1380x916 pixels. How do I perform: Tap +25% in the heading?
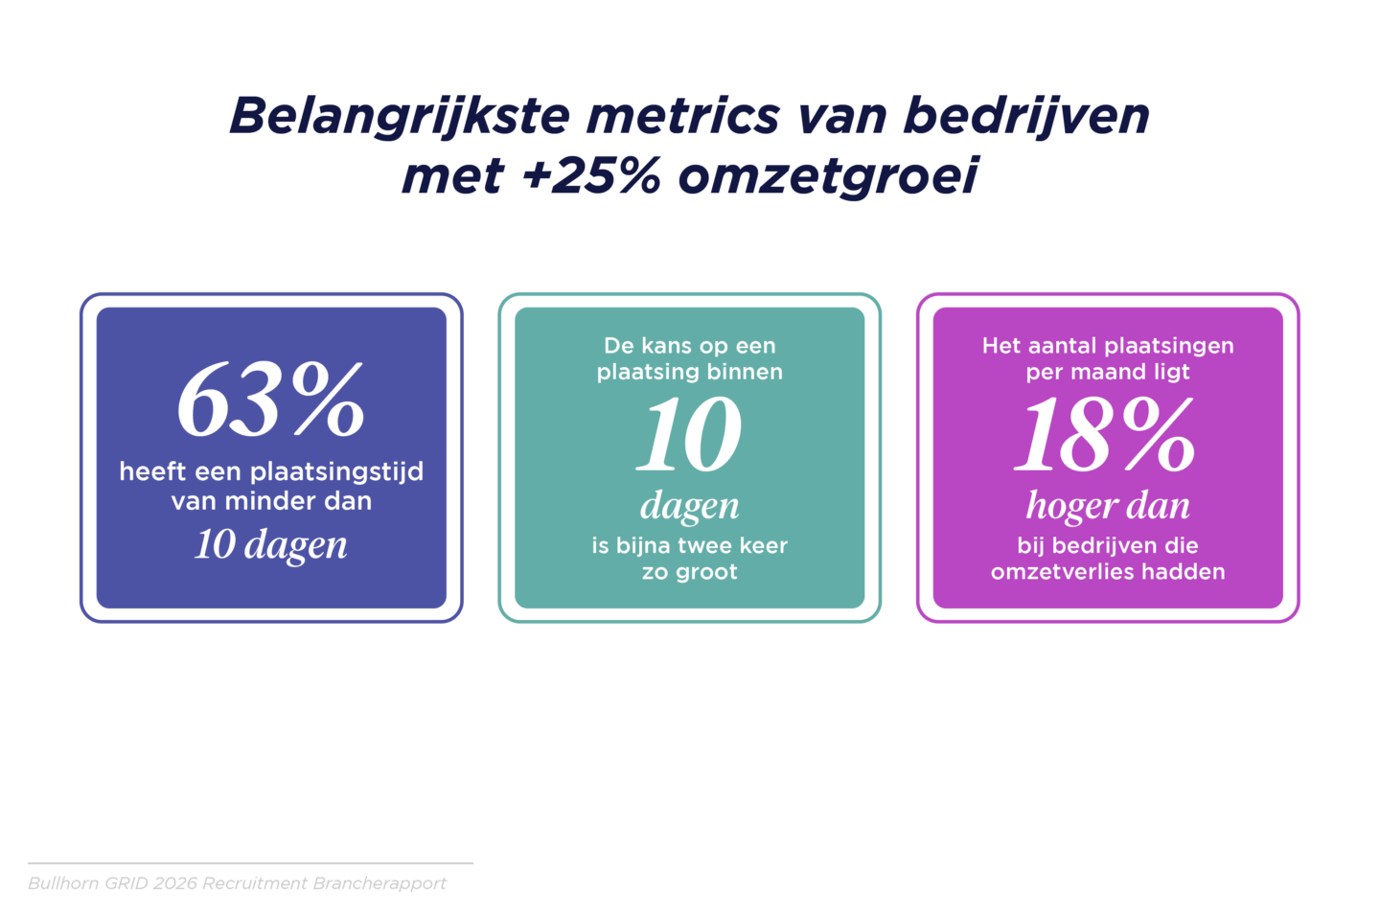point(590,176)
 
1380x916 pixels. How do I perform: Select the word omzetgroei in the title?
point(828,177)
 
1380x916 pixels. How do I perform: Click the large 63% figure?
point(270,401)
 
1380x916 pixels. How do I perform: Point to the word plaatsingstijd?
point(337,472)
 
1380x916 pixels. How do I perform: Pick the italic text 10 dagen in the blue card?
point(271,544)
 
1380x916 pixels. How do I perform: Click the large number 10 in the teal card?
point(689,434)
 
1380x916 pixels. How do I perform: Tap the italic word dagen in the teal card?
point(689,506)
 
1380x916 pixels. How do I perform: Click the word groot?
point(706,573)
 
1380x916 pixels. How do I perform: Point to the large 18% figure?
point(1107,434)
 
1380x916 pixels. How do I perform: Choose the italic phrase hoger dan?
point(1108,505)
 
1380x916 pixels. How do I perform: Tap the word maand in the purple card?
point(1101,372)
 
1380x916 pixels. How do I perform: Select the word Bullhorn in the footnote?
point(63,883)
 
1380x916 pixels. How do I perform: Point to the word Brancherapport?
point(379,884)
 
